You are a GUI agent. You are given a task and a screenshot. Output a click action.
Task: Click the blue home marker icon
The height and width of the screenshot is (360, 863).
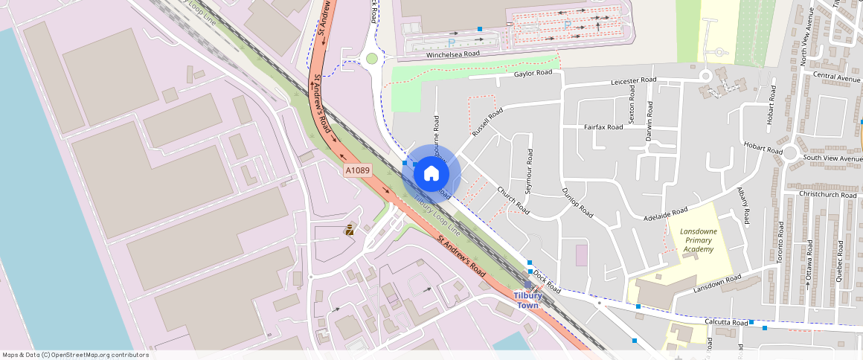[431, 174]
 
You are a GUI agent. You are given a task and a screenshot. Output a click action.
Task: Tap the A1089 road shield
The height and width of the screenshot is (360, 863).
[358, 171]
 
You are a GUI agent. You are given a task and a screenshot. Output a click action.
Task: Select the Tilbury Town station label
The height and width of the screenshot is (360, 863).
[527, 300]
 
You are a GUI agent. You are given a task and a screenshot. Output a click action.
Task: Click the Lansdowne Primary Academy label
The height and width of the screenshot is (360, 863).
[697, 240]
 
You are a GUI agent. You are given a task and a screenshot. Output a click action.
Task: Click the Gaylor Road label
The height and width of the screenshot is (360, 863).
[533, 73]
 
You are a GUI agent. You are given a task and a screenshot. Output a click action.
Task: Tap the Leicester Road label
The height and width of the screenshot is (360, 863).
[633, 80]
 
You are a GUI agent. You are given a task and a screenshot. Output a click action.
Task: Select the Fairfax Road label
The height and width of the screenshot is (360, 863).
[603, 127]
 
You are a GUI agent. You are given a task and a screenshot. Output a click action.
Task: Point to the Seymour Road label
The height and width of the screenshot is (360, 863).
[529, 172]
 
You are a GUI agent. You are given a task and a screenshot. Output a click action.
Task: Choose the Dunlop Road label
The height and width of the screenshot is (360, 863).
[577, 202]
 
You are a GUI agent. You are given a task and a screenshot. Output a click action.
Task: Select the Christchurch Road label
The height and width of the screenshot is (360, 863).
[827, 194]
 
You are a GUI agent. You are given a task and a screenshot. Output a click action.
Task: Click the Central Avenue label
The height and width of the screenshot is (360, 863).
[836, 76]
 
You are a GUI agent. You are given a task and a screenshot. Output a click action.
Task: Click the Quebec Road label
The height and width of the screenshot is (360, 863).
[840, 257]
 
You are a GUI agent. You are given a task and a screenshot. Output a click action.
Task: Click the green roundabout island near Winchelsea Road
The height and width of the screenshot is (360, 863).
[371, 59]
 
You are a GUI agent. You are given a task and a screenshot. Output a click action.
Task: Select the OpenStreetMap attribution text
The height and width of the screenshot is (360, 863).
[75, 355]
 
